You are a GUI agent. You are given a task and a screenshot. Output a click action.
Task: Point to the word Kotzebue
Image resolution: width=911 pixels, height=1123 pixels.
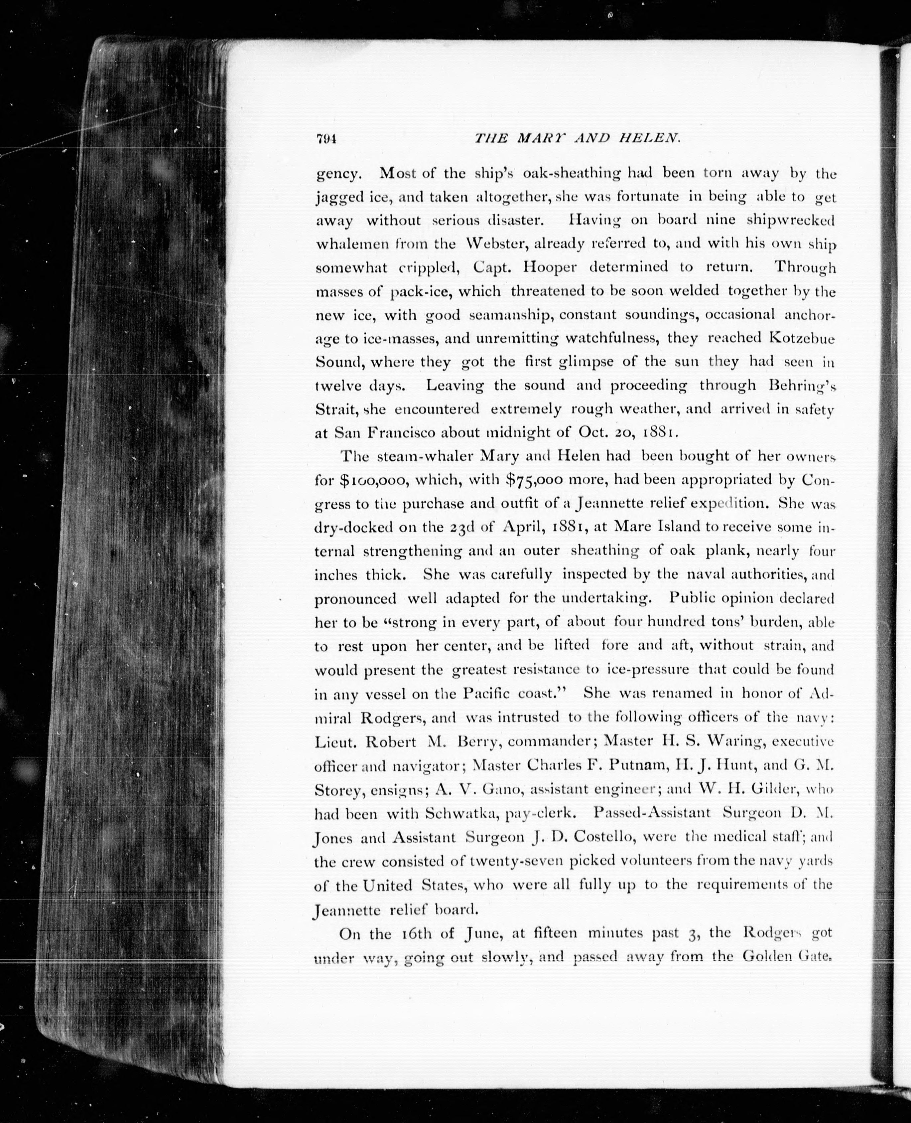[801, 338]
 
